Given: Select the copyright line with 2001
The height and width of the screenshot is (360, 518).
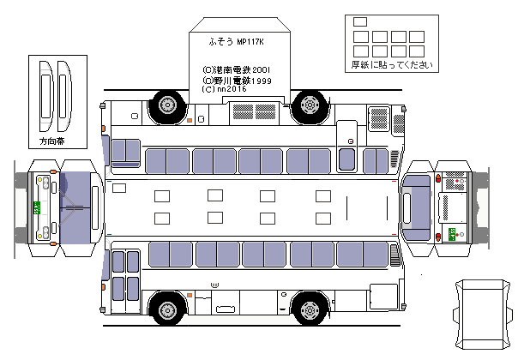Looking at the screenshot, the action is click(237, 69).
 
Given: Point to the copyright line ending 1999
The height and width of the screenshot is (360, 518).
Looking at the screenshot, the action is click(237, 79).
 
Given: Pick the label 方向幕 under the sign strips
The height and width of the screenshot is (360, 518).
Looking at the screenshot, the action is click(51, 139).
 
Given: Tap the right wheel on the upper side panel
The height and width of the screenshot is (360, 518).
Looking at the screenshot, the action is click(307, 105).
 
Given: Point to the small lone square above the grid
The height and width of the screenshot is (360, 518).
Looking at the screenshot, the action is click(359, 22).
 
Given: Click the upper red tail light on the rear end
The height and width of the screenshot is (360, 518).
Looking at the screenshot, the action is click(440, 179).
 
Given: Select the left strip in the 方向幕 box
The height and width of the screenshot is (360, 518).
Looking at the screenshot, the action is click(45, 93).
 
